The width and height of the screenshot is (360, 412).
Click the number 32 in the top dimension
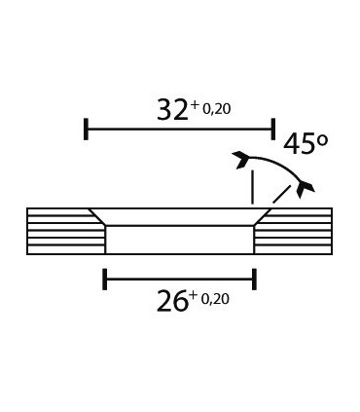click(x=172, y=110)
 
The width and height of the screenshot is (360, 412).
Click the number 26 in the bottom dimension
click(x=172, y=301)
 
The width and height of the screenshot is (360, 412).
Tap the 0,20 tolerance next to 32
click(x=217, y=109)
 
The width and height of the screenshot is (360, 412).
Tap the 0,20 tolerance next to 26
click(x=215, y=299)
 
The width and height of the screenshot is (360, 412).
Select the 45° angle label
click(x=306, y=143)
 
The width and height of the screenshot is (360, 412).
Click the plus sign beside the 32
click(x=195, y=105)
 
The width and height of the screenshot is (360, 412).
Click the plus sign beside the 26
click(x=194, y=295)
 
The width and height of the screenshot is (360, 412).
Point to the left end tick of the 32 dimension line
click(x=86, y=130)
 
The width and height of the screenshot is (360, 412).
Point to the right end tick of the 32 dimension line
click(x=273, y=130)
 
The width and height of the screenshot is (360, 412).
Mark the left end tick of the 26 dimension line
click(x=105, y=279)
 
